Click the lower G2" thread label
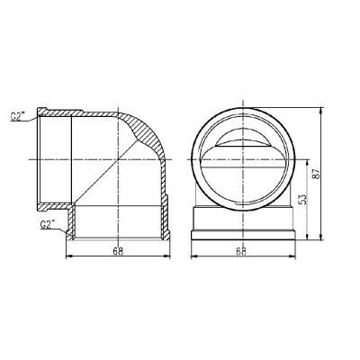(x=50, y=224)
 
